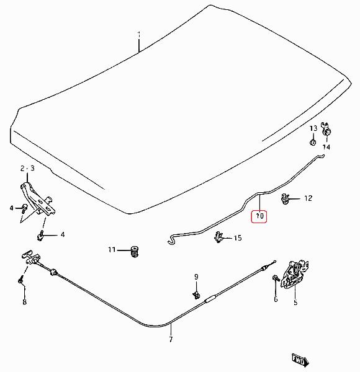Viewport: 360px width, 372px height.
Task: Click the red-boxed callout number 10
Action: click(259, 216)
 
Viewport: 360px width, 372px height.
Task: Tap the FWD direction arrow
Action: click(300, 360)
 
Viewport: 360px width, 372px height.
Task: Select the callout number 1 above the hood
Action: click(139, 35)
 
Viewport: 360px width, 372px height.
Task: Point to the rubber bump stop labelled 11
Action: click(135, 252)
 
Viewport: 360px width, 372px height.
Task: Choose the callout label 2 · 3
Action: click(27, 168)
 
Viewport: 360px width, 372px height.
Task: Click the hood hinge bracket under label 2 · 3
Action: click(38, 199)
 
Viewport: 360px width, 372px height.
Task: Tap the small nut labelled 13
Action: click(313, 143)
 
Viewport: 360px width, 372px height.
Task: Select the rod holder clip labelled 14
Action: click(326, 130)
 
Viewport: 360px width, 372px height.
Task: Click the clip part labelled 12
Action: click(285, 198)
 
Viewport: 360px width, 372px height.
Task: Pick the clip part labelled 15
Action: click(218, 237)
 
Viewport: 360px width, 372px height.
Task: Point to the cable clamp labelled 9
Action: click(196, 294)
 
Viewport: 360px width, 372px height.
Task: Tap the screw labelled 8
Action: click(21, 280)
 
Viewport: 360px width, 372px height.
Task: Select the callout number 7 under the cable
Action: click(171, 339)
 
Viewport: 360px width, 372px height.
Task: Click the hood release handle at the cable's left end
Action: click(31, 257)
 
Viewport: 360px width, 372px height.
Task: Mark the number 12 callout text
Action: click(308, 198)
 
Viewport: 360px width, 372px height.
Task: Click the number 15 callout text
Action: click(238, 237)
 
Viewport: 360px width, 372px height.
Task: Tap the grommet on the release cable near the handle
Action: click(53, 272)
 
